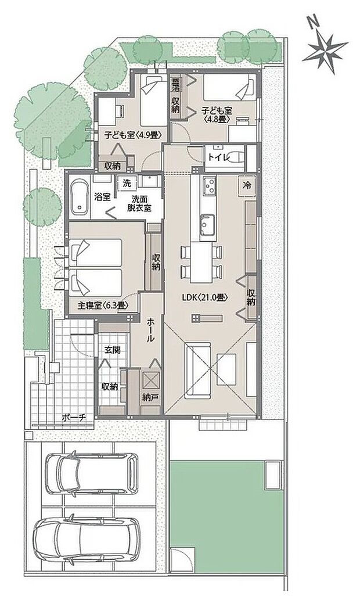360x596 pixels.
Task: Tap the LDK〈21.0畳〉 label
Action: click(204, 297)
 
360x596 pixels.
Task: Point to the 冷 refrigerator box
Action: click(247, 186)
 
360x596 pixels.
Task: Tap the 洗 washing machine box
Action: click(127, 183)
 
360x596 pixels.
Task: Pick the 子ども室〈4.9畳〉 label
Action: click(132, 134)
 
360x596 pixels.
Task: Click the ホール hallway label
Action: click(151, 329)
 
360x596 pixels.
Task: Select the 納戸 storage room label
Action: click(151, 398)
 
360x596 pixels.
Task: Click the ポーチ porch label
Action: click(74, 417)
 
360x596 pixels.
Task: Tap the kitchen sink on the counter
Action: click(207, 223)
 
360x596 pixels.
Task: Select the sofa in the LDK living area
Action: click(197, 365)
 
